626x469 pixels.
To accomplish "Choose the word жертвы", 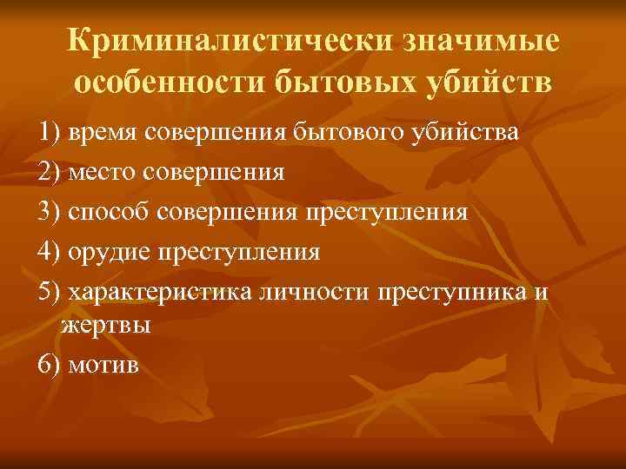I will tap(107, 327).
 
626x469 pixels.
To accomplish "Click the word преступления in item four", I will tap(238, 253).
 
